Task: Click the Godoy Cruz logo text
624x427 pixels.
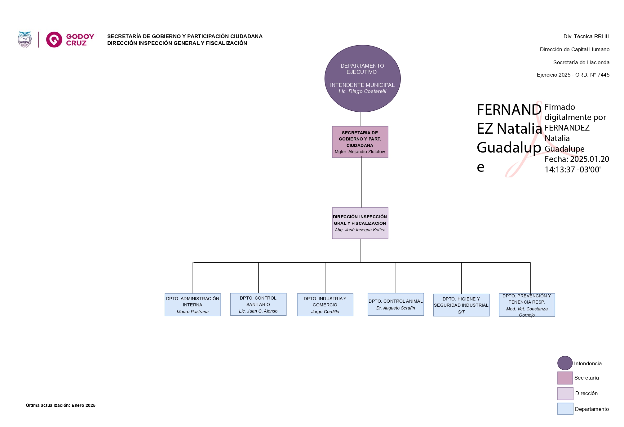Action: pos(80,40)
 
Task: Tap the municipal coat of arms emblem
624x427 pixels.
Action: pos(25,40)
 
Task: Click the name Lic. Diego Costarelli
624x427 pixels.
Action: pos(362,91)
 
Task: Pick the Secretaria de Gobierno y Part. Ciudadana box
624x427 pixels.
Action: pos(360,142)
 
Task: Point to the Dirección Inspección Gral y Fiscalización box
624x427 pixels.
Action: pos(360,223)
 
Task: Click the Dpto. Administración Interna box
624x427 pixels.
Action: pos(193,305)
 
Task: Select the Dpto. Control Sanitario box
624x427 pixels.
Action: pos(258,304)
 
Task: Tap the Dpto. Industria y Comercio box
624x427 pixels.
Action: pos(325,305)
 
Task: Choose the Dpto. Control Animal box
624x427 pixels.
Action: pos(396,304)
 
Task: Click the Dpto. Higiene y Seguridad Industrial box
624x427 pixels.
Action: pos(461,305)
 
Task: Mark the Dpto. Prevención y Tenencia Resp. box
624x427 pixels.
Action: pos(527,305)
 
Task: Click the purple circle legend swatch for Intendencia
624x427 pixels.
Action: pos(565,363)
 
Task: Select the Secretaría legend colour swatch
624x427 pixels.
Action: pos(565,378)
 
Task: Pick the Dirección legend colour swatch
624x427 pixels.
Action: pos(565,393)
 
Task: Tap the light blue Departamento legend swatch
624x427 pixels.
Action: pos(565,409)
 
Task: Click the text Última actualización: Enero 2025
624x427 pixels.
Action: pos(61,405)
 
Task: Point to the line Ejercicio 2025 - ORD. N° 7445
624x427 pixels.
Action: pos(573,75)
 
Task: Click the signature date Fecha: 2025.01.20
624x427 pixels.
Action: pos(577,159)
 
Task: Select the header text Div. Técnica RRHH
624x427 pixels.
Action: pos(586,36)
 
